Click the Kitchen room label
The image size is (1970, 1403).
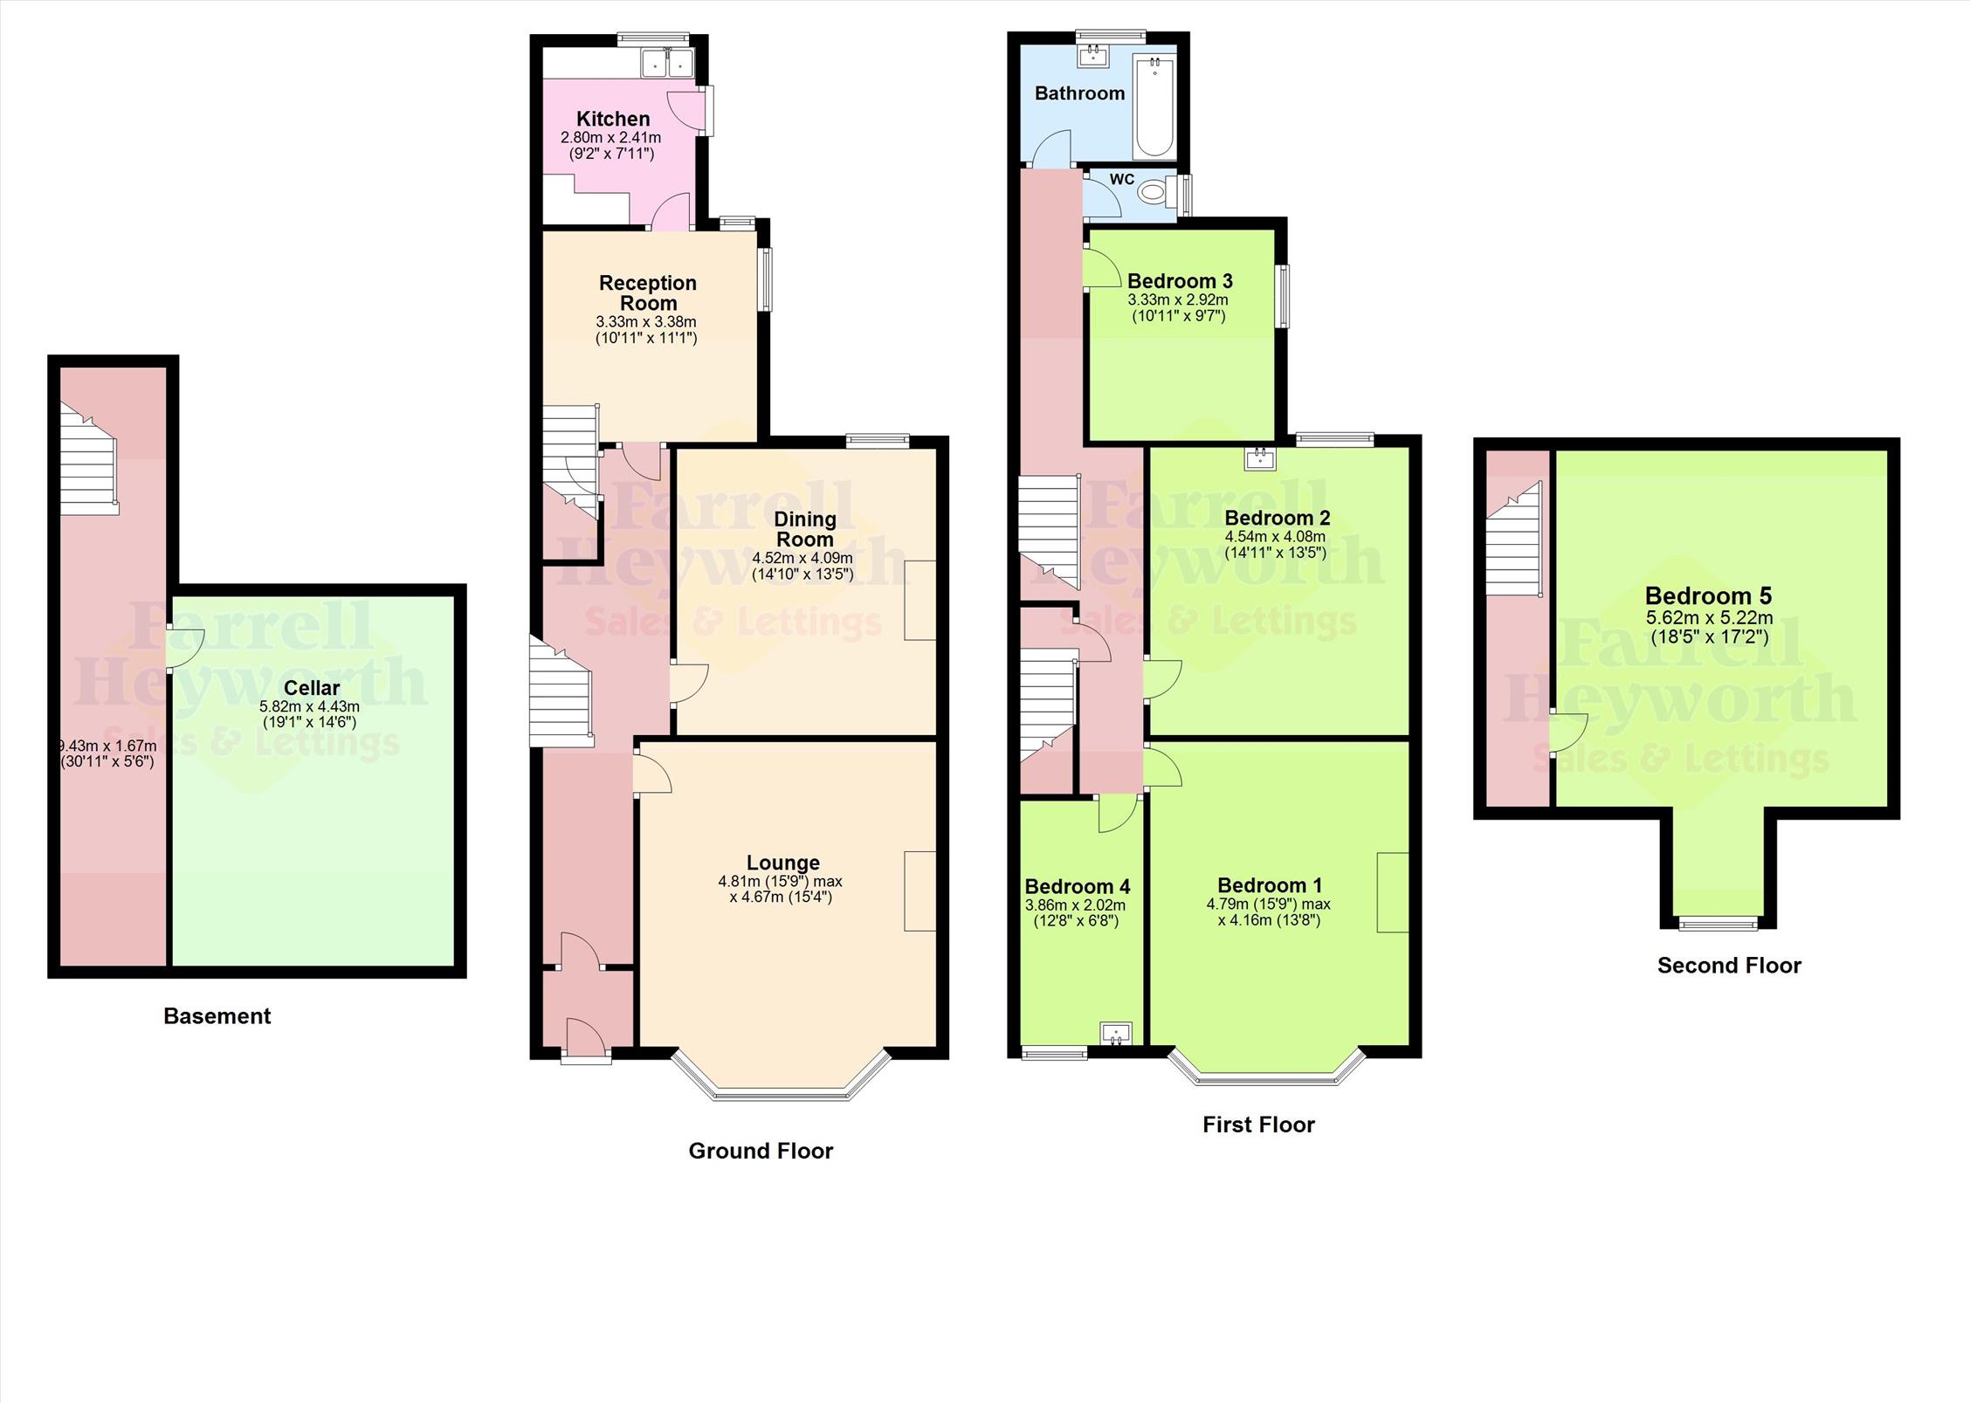613,119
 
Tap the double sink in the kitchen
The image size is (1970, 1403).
667,63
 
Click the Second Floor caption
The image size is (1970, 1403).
1728,966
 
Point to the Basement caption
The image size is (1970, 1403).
217,1016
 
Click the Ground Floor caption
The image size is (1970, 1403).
761,1151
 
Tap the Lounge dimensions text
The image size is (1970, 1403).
781,889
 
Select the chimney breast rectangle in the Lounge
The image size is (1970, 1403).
920,891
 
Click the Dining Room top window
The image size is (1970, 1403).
878,441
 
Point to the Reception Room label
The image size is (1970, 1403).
648,292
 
